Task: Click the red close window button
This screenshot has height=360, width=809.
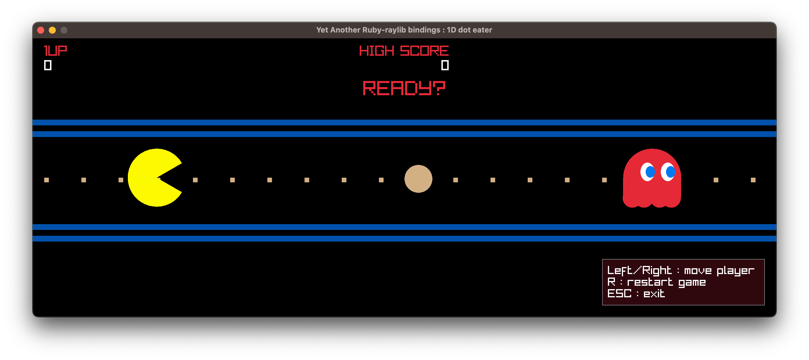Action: tap(41, 30)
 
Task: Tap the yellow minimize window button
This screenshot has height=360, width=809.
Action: tap(52, 30)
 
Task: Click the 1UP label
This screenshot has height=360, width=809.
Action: tap(56, 51)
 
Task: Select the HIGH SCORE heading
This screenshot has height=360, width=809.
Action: tap(404, 51)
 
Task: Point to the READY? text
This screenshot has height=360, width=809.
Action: tap(404, 88)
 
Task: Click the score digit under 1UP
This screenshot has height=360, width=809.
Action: tap(48, 65)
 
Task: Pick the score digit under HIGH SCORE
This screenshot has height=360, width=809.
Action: tap(445, 65)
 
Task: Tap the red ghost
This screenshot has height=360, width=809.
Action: tap(652, 182)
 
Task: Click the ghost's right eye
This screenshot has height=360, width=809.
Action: tap(668, 172)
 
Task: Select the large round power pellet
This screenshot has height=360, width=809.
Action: tap(418, 179)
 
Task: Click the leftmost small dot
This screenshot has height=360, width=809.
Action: tap(46, 180)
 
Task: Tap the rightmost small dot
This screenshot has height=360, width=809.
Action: tap(753, 180)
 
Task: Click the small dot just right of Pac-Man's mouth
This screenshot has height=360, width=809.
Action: tap(195, 180)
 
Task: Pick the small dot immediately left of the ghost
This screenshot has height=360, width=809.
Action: tap(604, 180)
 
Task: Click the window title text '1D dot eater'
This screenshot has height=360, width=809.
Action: tap(469, 30)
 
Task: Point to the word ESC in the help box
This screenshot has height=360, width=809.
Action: tap(619, 294)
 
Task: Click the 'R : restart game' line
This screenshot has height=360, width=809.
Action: tap(656, 282)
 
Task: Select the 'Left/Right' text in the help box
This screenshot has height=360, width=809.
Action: tap(639, 270)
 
